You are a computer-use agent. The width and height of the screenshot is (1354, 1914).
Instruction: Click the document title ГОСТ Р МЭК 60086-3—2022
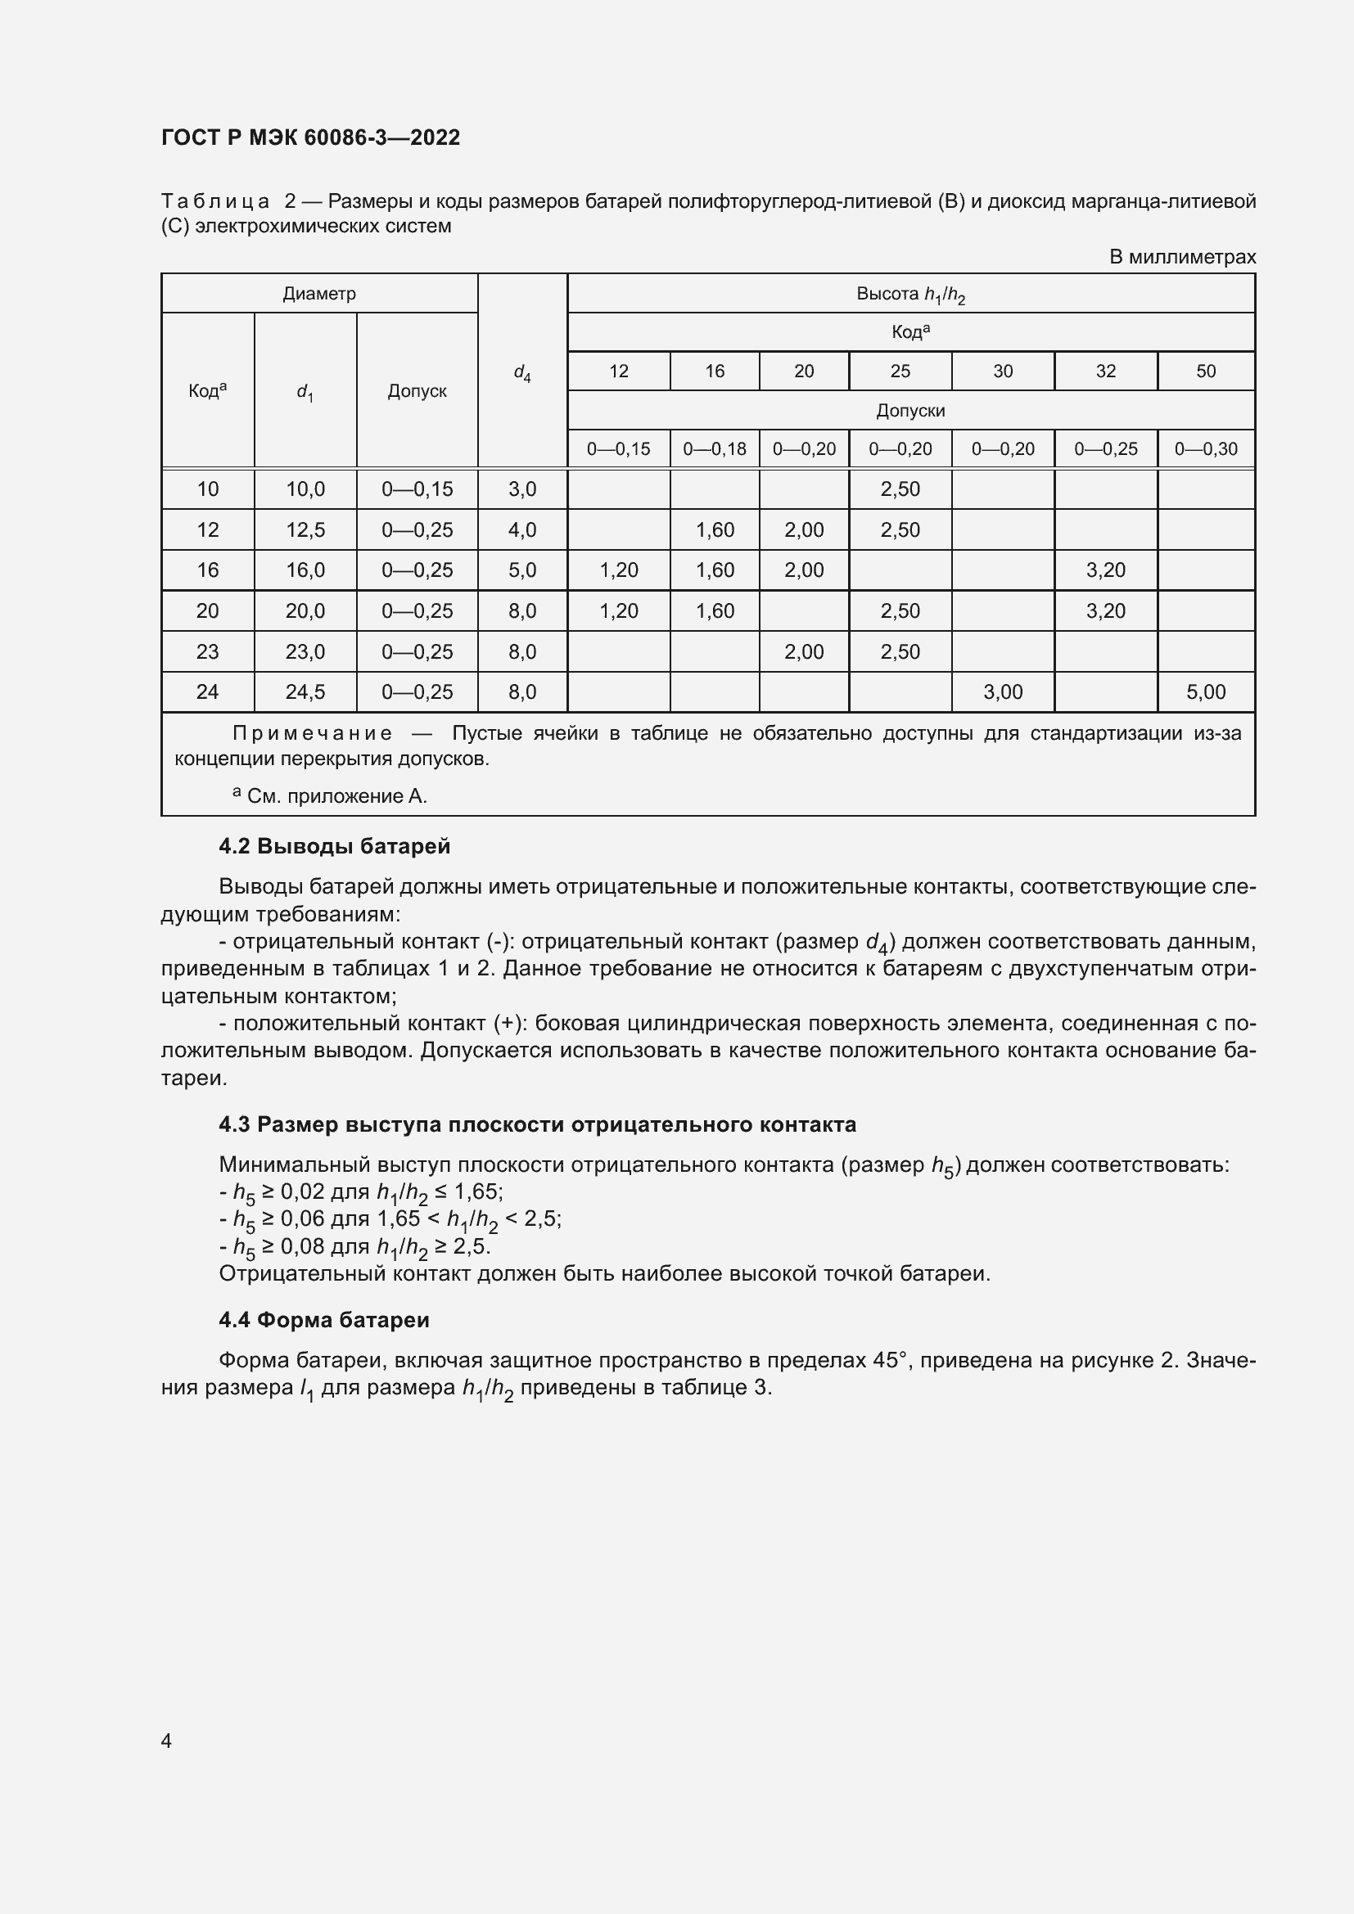[310, 137]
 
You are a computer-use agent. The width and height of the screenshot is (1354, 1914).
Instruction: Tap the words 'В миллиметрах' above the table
[1181, 257]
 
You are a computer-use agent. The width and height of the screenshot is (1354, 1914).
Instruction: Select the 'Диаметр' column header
[319, 294]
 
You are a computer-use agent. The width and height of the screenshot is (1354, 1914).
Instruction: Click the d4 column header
[522, 372]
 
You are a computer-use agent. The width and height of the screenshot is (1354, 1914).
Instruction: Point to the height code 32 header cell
[1104, 371]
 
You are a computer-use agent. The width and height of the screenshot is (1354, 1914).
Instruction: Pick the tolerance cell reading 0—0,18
[715, 449]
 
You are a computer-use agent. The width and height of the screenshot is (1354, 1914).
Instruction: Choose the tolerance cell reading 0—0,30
[1206, 449]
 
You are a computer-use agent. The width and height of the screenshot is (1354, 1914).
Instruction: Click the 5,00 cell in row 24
[1206, 692]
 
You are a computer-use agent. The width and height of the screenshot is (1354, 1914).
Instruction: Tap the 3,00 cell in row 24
[1002, 692]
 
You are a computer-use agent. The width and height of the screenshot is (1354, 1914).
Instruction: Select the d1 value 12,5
[305, 530]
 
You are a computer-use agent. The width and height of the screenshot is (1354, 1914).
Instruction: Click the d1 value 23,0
[305, 652]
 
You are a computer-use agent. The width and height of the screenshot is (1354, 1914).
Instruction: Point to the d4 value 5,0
[522, 570]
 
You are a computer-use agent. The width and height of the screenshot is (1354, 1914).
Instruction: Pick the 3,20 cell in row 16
[1104, 570]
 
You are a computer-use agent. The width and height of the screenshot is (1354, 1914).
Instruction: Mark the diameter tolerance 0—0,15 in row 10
[417, 489]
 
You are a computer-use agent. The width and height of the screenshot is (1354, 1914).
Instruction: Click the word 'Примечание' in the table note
[312, 733]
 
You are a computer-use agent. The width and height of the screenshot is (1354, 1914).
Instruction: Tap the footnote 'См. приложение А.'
[336, 796]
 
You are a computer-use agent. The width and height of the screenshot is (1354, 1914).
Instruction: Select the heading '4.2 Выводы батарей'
[334, 846]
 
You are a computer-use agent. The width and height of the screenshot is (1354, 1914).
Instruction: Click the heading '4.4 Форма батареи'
[323, 1320]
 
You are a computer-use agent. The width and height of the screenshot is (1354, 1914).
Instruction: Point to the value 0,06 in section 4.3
[302, 1218]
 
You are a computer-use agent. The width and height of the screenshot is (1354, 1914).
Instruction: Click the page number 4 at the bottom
[166, 1741]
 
